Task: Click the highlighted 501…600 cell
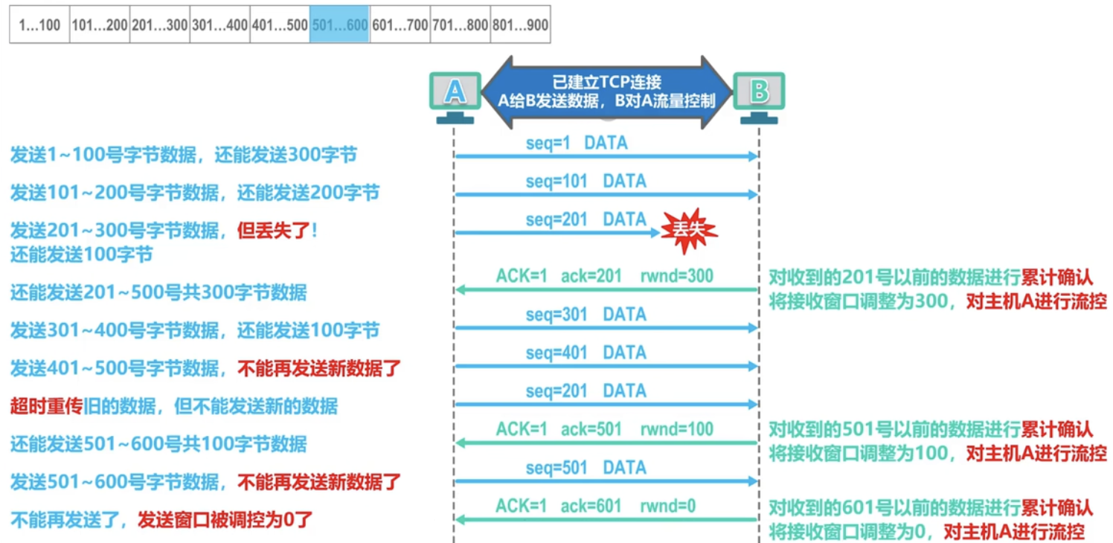pyautogui.click(x=339, y=25)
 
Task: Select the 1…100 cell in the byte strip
pyautogui.click(x=39, y=25)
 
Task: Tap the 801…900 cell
pyautogui.click(x=520, y=25)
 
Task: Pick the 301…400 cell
pyautogui.click(x=219, y=25)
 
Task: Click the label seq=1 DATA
pyautogui.click(x=577, y=143)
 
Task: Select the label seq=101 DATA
pyautogui.click(x=586, y=181)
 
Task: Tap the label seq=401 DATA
pyautogui.click(x=586, y=353)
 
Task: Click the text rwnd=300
pyautogui.click(x=676, y=277)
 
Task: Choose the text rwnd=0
pyautogui.click(x=667, y=507)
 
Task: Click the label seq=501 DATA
pyautogui.click(x=586, y=468)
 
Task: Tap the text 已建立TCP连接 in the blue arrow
pyautogui.click(x=606, y=82)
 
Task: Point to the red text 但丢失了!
pyautogui.click(x=277, y=231)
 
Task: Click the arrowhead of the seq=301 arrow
pyautogui.click(x=753, y=327)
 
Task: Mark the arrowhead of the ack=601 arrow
pyautogui.click(x=460, y=519)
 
